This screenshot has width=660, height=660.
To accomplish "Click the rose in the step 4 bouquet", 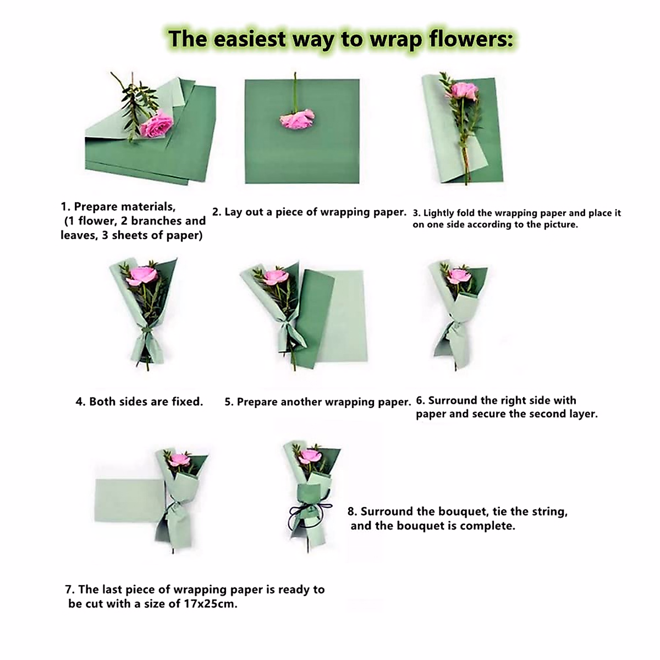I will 142,275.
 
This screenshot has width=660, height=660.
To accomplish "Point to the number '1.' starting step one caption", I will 65,207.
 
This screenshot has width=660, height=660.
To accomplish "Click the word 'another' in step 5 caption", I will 300,402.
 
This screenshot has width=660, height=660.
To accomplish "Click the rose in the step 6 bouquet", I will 458,275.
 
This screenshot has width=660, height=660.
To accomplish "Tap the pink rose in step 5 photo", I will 274,277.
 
